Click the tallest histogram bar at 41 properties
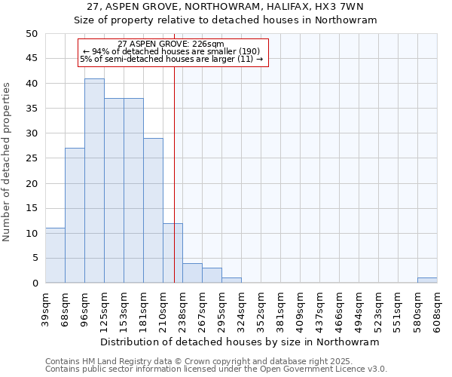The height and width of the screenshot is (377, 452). point(94,181)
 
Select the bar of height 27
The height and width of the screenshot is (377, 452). point(75,216)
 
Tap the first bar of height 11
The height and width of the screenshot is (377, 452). point(55,256)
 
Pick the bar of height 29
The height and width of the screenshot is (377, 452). point(153,210)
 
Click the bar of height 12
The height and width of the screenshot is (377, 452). point(173,253)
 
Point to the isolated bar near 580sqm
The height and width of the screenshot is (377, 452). point(427,280)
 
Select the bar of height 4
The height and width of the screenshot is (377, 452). point(192,273)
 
